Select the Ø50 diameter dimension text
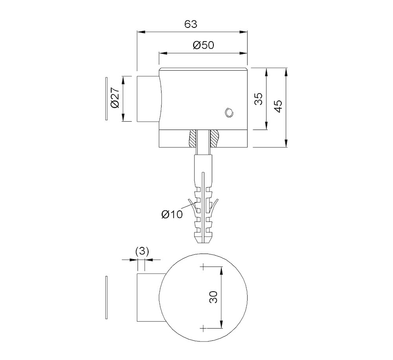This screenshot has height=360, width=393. pyautogui.click(x=203, y=45)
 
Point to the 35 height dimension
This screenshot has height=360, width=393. pyautogui.click(x=258, y=99)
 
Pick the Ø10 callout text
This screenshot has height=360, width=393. pyautogui.click(x=172, y=214)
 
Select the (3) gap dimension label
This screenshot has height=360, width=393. pyautogui.click(x=142, y=251)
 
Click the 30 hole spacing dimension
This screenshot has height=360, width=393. pyautogui.click(x=213, y=297)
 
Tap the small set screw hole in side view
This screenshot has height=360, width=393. pyautogui.click(x=228, y=113)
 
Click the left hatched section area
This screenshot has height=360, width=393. pyautogui.click(x=193, y=138)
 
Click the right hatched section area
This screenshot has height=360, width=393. pyautogui.click(x=214, y=138)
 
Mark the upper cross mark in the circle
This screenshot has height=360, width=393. pyautogui.click(x=203, y=267)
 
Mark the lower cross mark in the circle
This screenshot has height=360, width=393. pyautogui.click(x=203, y=328)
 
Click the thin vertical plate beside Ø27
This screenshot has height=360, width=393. pyautogui.click(x=106, y=99)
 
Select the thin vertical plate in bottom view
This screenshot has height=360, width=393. pyautogui.click(x=106, y=297)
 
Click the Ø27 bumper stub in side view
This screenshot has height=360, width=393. pyautogui.click(x=148, y=99)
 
